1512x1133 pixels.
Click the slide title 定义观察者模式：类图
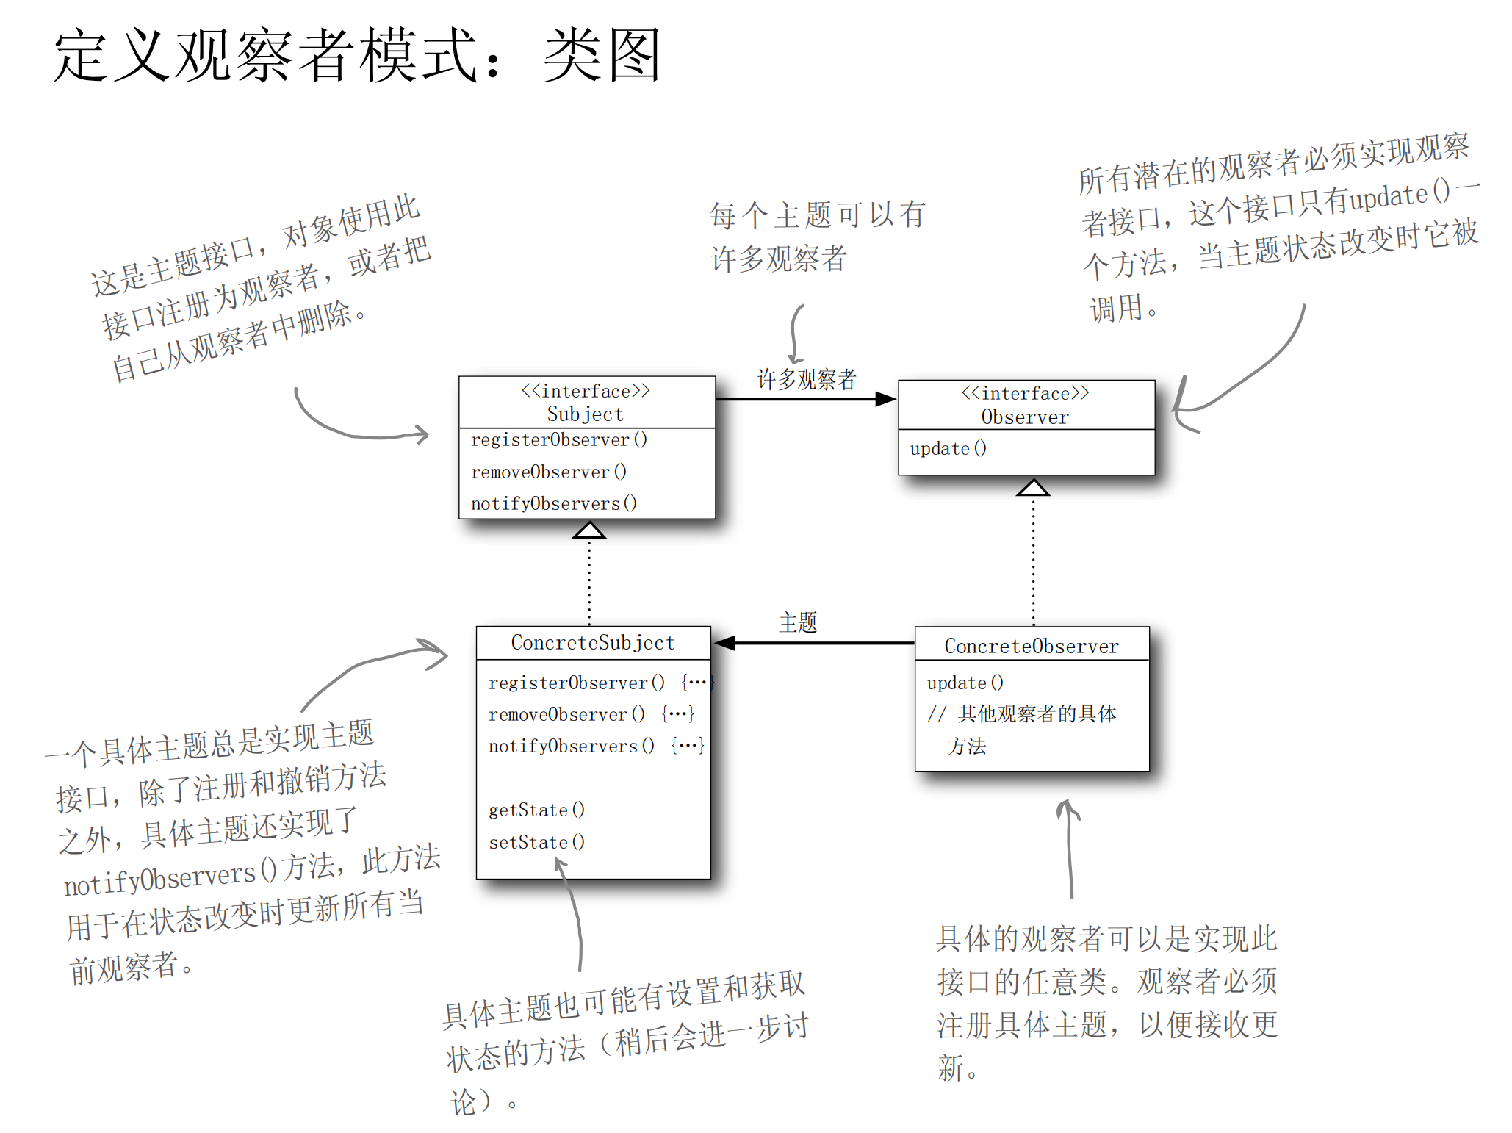click(358, 55)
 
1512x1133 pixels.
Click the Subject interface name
click(585, 414)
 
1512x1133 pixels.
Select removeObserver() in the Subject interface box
click(549, 472)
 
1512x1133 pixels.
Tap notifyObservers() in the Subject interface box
click(554, 504)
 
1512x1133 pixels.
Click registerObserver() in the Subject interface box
click(559, 439)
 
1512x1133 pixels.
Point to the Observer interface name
click(1025, 417)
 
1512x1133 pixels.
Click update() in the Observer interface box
click(948, 448)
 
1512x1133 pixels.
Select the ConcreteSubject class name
click(593, 643)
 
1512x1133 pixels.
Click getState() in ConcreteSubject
click(537, 810)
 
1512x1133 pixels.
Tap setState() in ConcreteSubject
click(537, 842)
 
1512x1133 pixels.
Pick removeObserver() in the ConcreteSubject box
click(566, 714)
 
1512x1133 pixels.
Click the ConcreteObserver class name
click(1032, 647)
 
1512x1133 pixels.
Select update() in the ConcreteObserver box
click(965, 683)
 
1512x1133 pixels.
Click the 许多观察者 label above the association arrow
click(807, 379)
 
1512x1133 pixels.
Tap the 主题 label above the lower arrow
click(798, 622)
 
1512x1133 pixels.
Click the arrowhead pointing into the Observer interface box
click(886, 399)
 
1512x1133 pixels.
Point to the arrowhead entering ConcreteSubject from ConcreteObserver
click(724, 643)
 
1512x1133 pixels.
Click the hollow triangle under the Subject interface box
click(589, 530)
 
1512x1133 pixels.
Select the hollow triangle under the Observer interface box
click(1033, 487)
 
